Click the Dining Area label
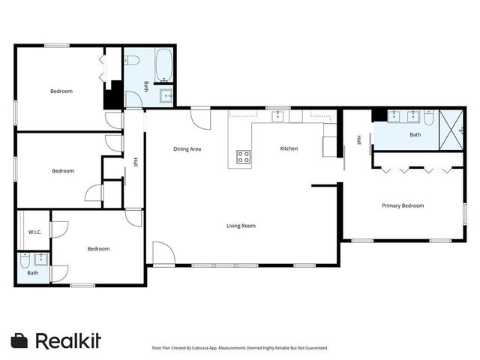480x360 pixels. click(x=187, y=149)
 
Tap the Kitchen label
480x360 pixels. click(x=289, y=148)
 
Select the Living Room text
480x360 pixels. click(x=241, y=226)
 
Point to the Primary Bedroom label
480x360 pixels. click(x=403, y=205)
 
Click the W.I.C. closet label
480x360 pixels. click(x=34, y=232)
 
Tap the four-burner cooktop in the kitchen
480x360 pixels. click(x=244, y=157)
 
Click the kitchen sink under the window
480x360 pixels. click(x=278, y=115)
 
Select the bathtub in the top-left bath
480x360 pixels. click(x=165, y=67)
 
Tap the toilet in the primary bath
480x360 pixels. click(x=428, y=117)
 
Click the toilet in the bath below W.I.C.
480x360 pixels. click(x=25, y=261)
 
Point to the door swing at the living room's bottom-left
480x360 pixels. click(x=163, y=253)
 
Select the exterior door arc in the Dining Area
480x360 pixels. click(x=200, y=118)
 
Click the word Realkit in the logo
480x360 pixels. click(x=68, y=340)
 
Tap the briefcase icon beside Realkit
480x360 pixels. click(x=19, y=340)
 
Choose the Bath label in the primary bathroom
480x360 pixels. click(x=415, y=135)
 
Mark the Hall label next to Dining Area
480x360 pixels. click(x=136, y=161)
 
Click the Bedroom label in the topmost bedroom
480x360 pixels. click(x=61, y=91)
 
